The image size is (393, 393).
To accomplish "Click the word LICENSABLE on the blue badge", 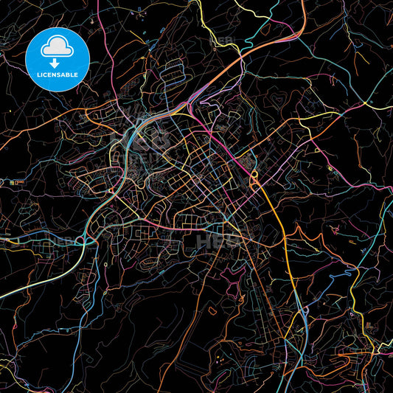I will click(57, 74).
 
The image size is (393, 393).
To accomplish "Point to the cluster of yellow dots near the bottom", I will click(222, 361).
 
